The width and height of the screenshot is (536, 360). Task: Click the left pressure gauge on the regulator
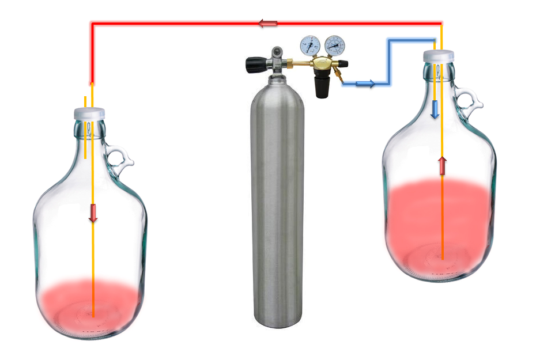[310, 45]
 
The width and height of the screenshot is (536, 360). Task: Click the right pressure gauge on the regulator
[335, 44]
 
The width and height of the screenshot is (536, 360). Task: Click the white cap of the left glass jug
[89, 113]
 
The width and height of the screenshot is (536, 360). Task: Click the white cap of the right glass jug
[439, 56]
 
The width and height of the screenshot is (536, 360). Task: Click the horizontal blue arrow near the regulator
[365, 84]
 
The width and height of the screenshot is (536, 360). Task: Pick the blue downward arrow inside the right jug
[435, 109]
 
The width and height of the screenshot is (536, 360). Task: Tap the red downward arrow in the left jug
[93, 213]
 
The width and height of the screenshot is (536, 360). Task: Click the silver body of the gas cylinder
[277, 202]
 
